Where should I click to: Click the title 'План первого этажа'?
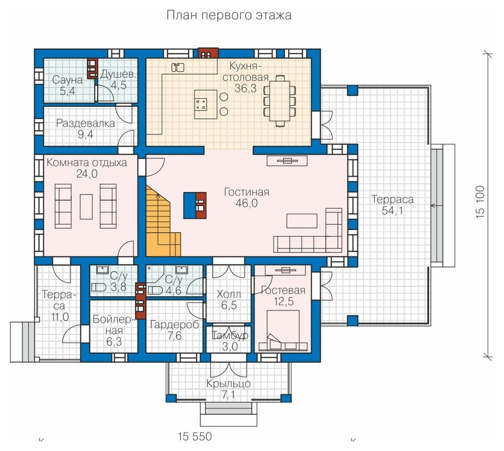coord(229,15)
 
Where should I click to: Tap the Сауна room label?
coord(68,80)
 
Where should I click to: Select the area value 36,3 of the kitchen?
coord(245,88)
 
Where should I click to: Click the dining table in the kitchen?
coord(279,101)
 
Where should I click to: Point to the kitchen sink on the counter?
coord(178,67)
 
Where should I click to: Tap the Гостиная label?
coord(246,192)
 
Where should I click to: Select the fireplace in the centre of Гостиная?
coord(195,206)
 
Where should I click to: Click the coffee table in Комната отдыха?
coord(86,207)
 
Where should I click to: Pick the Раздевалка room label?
coord(86,123)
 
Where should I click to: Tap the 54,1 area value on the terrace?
coord(393,211)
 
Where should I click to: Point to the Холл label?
coord(229,294)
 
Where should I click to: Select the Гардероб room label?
coord(175,325)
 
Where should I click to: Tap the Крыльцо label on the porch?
coord(229,383)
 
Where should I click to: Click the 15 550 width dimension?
coord(195,437)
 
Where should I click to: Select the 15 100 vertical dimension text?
coord(480,203)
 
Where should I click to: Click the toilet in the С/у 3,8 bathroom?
coord(99,287)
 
